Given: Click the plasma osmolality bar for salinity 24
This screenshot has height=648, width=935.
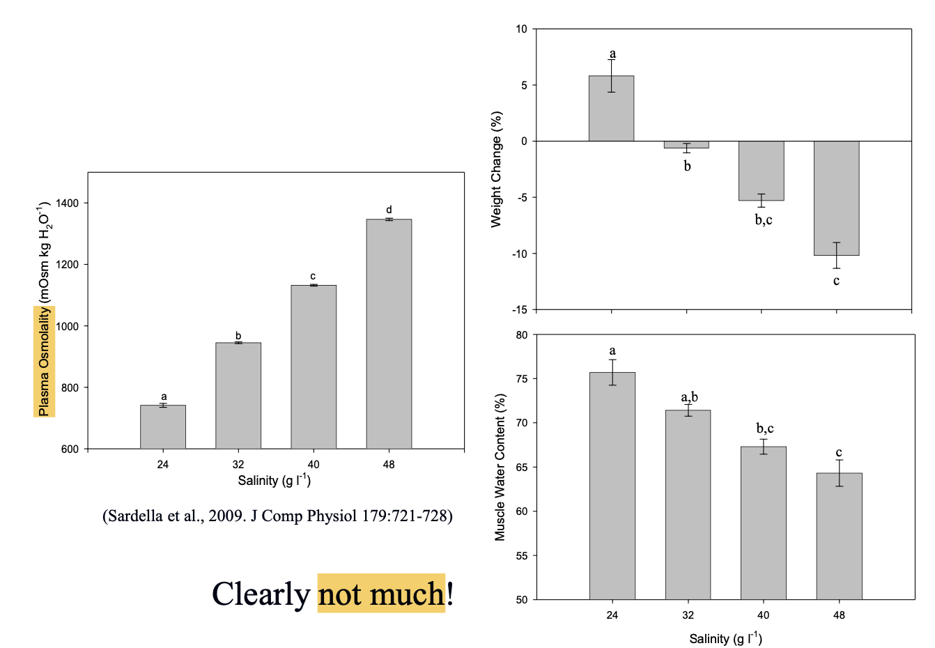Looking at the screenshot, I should (x=163, y=426).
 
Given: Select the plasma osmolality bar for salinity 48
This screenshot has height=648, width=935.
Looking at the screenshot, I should (x=389, y=334).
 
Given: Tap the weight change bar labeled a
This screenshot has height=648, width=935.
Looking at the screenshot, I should (x=611, y=109).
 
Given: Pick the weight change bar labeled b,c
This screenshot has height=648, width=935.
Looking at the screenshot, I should (x=762, y=171).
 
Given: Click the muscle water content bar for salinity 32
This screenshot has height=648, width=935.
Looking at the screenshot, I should (x=688, y=504).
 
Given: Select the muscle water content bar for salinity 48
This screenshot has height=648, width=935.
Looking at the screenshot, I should (x=839, y=536).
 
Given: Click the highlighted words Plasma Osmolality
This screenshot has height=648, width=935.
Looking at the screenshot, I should (x=44, y=362).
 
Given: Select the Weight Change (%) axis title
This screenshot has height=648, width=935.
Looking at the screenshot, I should (x=496, y=169).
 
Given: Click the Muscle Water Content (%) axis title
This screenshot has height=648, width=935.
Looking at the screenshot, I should (x=500, y=467).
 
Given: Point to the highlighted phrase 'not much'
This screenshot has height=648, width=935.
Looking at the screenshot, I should (x=381, y=594).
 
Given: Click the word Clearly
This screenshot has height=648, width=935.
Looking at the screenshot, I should (x=261, y=594).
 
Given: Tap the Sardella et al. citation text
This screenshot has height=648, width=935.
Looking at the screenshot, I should (x=277, y=516).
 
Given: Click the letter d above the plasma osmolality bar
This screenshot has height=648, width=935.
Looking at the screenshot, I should (x=389, y=210).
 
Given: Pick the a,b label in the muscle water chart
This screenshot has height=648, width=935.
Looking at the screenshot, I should (x=689, y=397).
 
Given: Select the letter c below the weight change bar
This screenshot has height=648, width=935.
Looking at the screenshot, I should (x=836, y=281).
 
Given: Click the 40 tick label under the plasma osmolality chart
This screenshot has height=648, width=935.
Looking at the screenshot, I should (x=314, y=464).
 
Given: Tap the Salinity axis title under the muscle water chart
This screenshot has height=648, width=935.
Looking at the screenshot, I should (x=725, y=638).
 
